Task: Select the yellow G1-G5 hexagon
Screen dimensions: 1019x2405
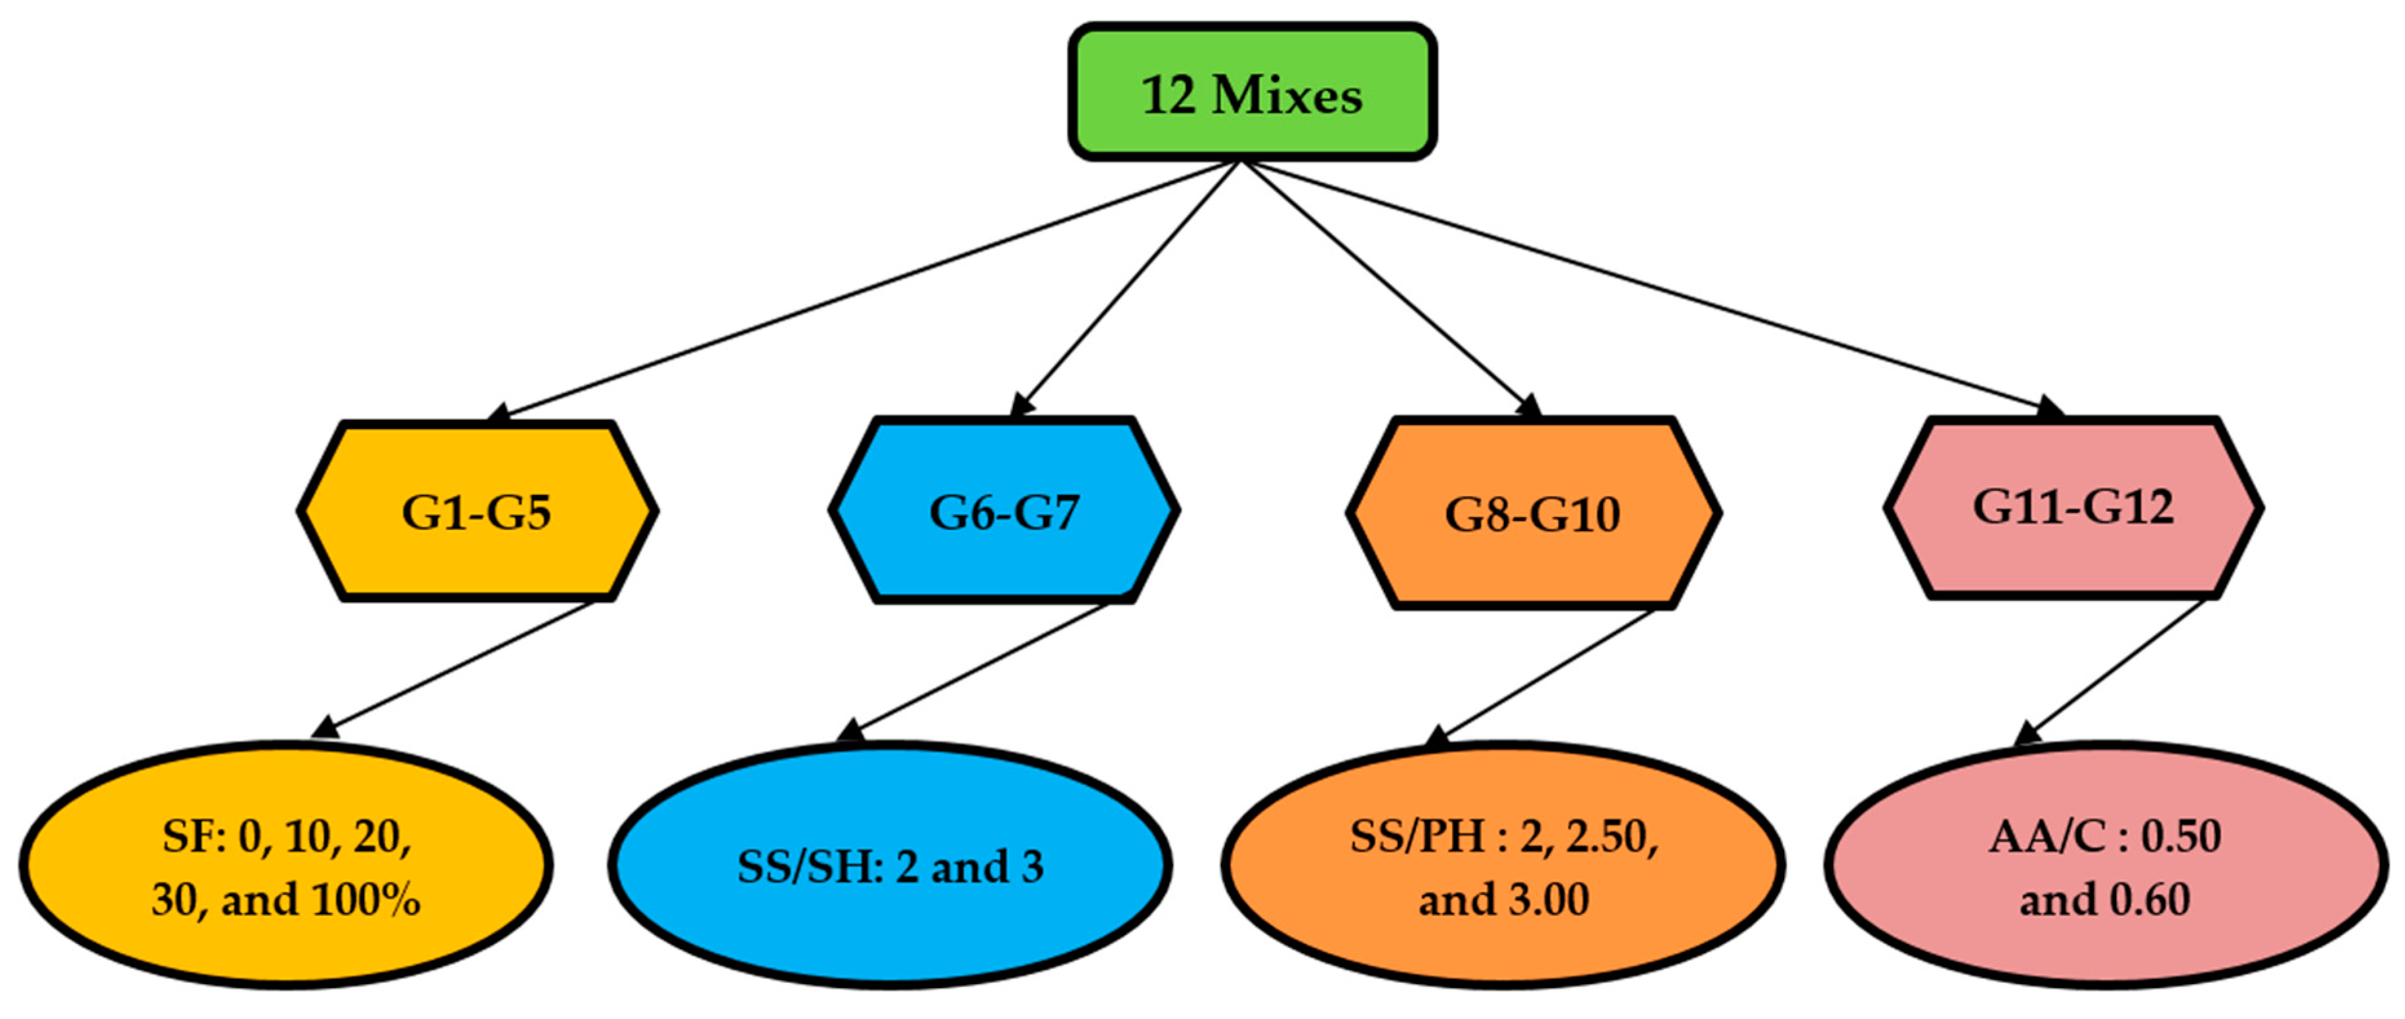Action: click(477, 511)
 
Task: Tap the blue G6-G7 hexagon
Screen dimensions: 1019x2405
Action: click(1004, 511)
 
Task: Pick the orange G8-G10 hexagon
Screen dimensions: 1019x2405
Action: click(1533, 514)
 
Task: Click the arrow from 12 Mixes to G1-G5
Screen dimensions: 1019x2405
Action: click(868, 289)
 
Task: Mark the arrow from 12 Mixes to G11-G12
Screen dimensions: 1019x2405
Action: click(1652, 289)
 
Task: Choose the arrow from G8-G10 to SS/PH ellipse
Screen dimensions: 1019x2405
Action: click(1545, 675)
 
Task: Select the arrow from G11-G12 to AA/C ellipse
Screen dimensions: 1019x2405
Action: click(2115, 671)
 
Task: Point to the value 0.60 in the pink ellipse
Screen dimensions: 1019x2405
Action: click(2149, 900)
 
